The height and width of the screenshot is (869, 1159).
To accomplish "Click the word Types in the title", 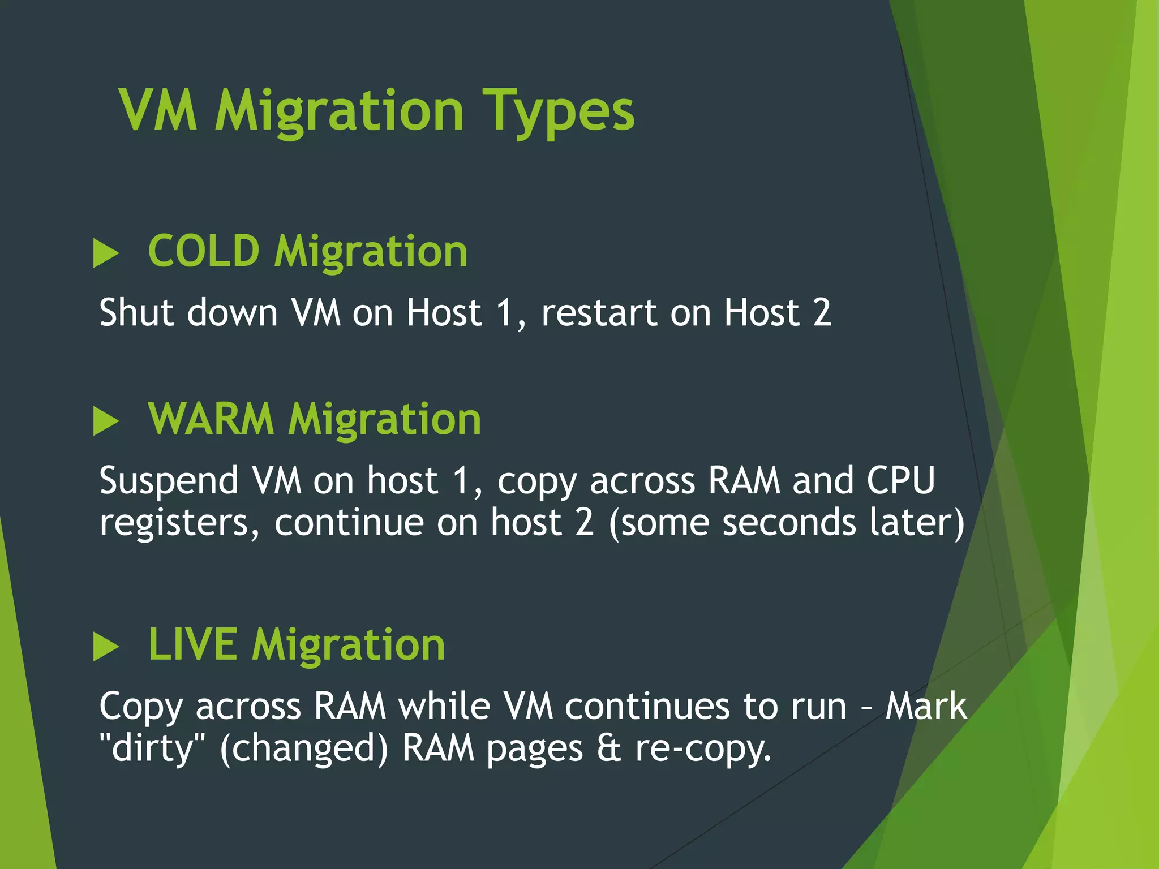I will (559, 111).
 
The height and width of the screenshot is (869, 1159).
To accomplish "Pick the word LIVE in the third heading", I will (192, 644).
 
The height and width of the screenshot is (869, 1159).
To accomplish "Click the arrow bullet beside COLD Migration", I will (106, 253).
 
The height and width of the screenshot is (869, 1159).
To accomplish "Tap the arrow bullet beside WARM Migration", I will (106, 421).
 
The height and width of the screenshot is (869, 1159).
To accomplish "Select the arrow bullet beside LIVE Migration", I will (106, 647).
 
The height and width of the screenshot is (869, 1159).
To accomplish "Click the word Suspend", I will (169, 481).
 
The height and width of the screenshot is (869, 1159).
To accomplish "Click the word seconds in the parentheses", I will (789, 522).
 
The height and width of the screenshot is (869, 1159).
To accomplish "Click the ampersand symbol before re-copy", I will (609, 748).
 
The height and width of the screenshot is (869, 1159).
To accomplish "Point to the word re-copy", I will (703, 749).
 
